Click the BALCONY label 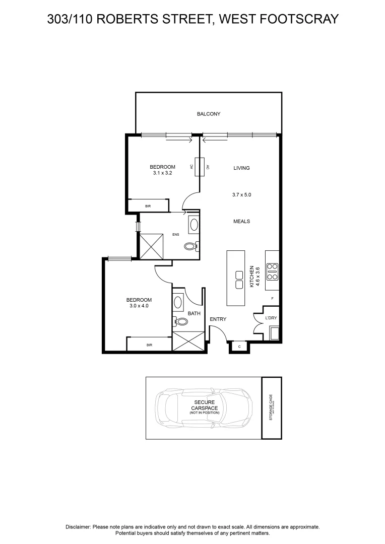click(208, 114)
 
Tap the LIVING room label click(241, 168)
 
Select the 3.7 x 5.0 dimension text click(241, 194)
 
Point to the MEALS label click(241, 221)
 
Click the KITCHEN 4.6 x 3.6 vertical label click(254, 277)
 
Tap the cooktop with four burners click(272, 271)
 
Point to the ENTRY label click(218, 319)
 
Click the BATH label click(194, 314)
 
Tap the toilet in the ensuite click(191, 247)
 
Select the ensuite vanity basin click(194, 224)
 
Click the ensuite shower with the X click(152, 246)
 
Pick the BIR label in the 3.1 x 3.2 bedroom click(148, 206)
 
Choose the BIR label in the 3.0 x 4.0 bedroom click(149, 345)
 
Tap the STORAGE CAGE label click(271, 407)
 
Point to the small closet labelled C click(239, 347)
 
